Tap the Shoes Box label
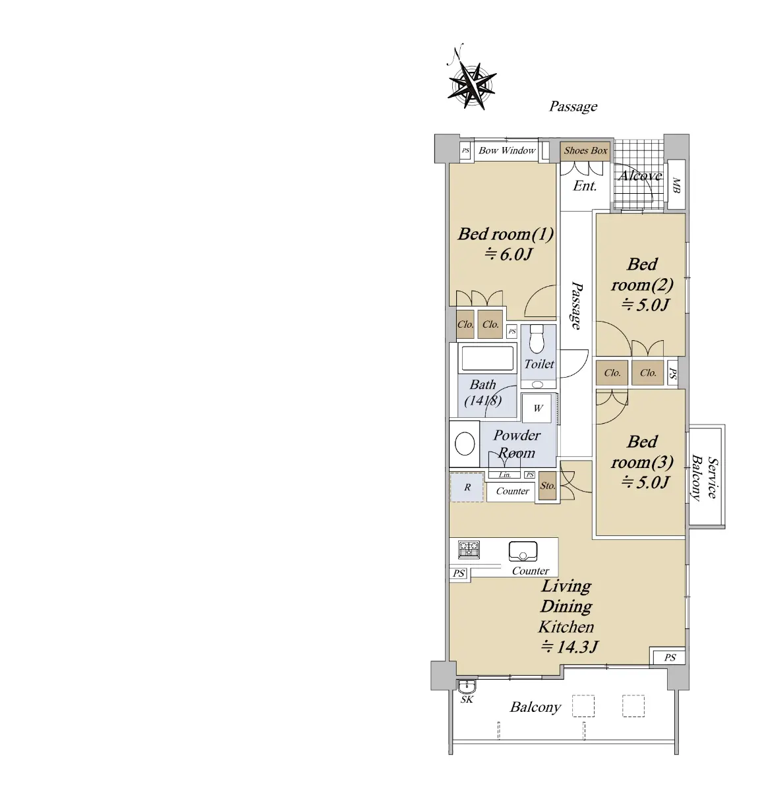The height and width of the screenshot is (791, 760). click(585, 150)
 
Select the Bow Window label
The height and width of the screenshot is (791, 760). click(507, 150)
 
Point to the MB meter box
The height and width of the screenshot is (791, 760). click(676, 185)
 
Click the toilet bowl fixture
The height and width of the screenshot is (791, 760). click(537, 339)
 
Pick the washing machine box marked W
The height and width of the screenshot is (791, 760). click(538, 408)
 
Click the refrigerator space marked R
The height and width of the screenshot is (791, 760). click(467, 487)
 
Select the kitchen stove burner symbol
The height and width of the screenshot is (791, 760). click(469, 550)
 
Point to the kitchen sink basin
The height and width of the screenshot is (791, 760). click(523, 551)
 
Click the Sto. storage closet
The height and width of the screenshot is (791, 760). click(548, 486)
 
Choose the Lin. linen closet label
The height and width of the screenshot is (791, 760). click(505, 475)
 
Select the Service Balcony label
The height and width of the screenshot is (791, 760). click(705, 477)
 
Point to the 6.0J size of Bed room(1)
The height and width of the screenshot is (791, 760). click(508, 254)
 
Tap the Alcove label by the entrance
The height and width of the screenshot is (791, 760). click(639, 175)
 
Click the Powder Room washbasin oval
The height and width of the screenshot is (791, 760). click(465, 444)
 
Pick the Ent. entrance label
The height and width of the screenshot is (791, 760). click(585, 186)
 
